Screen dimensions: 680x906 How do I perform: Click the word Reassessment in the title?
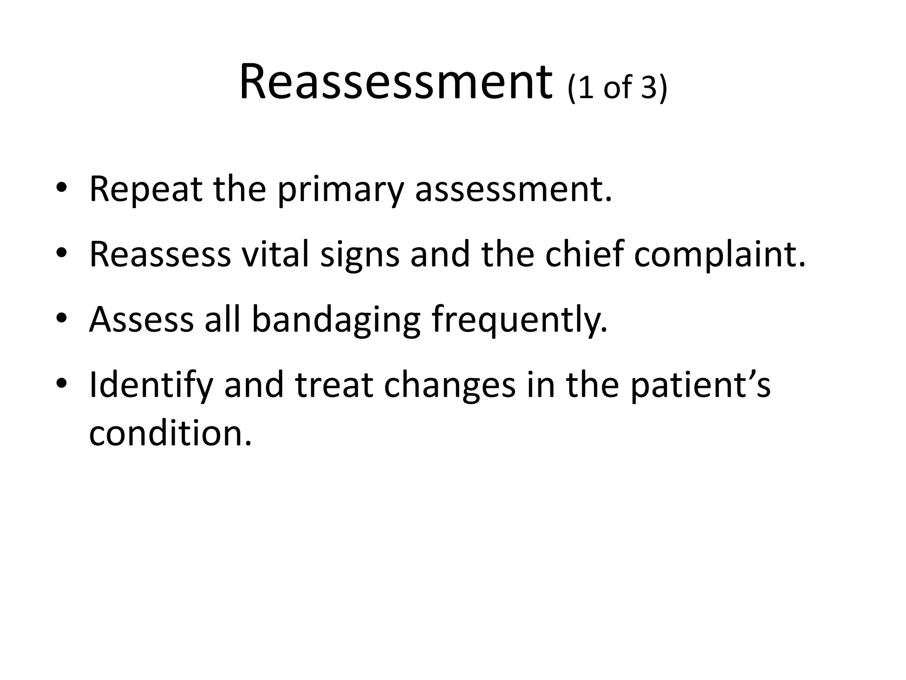click(395, 83)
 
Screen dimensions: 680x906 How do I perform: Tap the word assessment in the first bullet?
click(513, 189)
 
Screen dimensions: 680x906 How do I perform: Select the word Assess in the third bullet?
click(141, 320)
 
